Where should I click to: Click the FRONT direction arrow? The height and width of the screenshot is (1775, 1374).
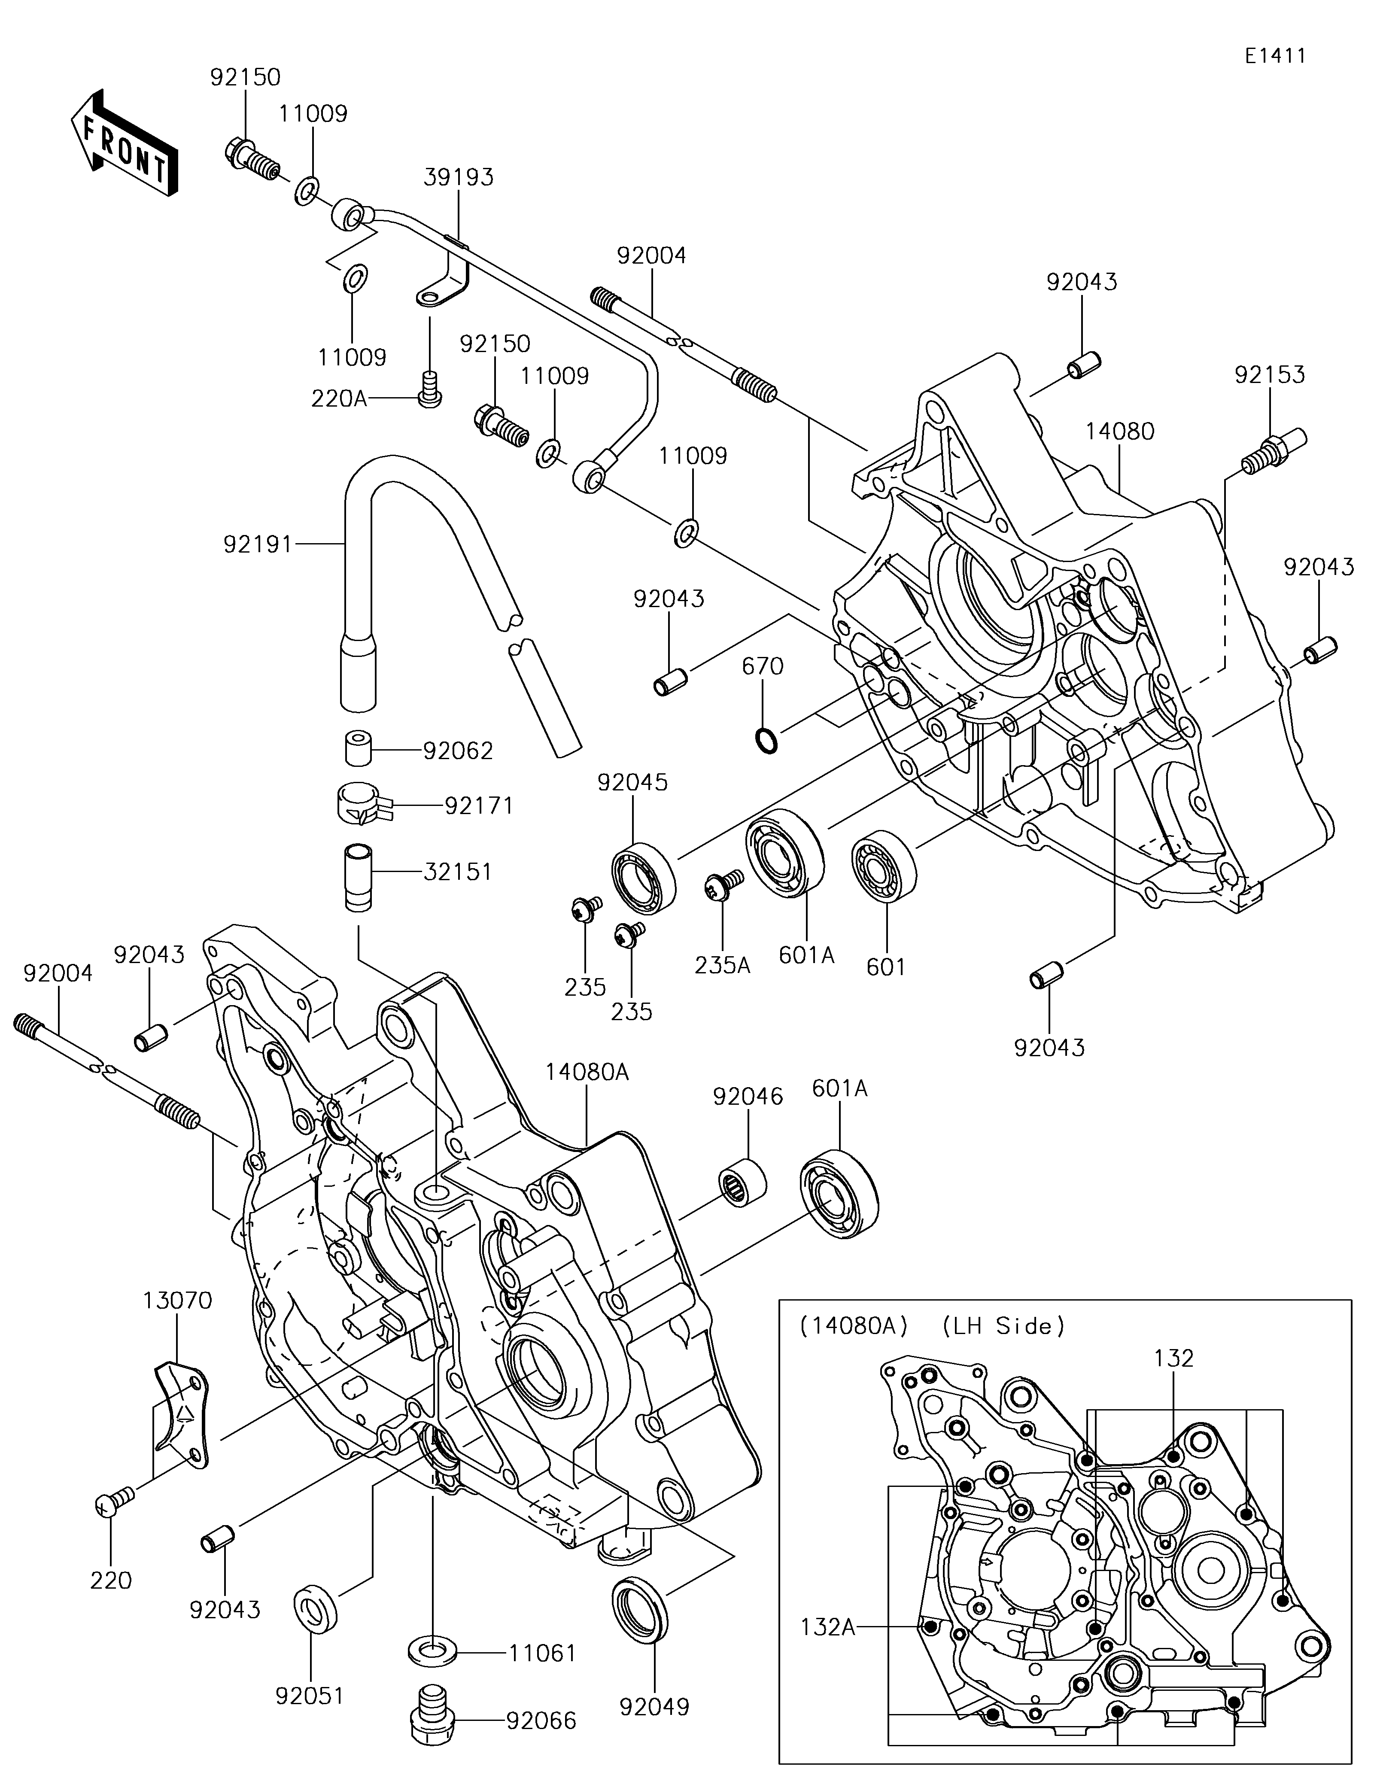click(x=124, y=145)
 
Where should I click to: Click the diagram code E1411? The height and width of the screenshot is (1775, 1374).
click(x=1275, y=56)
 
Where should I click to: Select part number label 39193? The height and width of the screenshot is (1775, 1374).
click(x=457, y=177)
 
